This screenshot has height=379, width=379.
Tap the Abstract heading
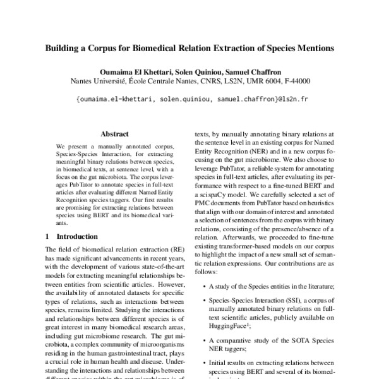pyautogui.click(x=114, y=134)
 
